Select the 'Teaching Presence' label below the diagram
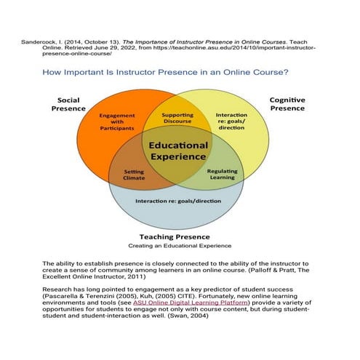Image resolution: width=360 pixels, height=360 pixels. click(x=175, y=236)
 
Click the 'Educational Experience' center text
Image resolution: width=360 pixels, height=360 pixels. click(x=178, y=151)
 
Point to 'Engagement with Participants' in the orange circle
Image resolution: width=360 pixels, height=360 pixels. click(x=117, y=121)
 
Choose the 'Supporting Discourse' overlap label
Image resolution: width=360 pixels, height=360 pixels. click(x=177, y=118)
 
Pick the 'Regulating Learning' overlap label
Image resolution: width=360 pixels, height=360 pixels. click(x=222, y=174)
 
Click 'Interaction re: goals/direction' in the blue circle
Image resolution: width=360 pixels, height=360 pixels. click(x=177, y=200)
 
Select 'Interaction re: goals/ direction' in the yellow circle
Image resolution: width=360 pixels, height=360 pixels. click(x=232, y=121)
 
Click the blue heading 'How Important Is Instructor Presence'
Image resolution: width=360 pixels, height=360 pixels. click(x=167, y=73)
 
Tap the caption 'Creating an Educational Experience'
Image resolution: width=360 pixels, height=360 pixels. click(x=175, y=247)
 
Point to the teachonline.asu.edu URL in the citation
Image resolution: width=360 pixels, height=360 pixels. click(x=218, y=48)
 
